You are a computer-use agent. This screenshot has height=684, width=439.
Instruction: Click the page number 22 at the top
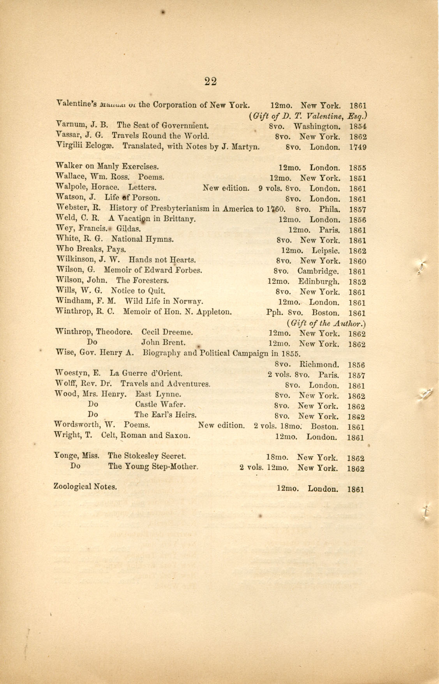[210, 81]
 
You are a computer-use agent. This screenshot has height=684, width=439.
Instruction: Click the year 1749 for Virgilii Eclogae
[358, 147]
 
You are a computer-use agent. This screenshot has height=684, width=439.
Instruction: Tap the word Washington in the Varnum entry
[317, 127]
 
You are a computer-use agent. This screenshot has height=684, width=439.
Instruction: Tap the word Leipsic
[326, 251]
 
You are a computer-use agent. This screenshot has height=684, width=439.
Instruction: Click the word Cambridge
[319, 271]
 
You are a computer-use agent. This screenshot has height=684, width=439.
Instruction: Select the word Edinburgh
[319, 281]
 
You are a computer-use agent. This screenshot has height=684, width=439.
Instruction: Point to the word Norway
[188, 301]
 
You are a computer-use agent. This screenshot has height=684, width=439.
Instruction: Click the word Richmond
[319, 365]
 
